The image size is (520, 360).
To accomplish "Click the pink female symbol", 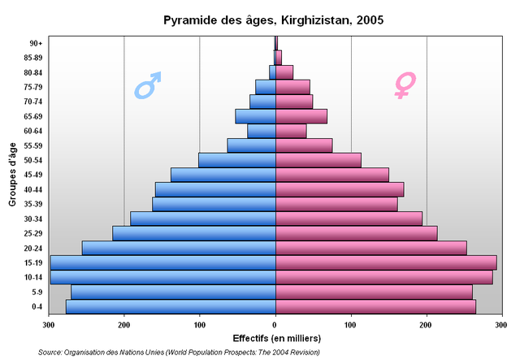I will click(403, 85).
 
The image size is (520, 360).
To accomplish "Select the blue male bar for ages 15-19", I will click(162, 262).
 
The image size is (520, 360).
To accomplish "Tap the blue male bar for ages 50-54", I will click(236, 160).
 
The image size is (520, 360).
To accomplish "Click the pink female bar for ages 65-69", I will click(301, 116).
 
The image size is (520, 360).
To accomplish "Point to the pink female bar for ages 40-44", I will click(339, 189).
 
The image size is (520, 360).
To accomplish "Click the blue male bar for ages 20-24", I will click(178, 248).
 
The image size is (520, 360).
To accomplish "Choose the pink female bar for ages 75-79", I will click(292, 87).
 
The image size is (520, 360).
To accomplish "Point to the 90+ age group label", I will click(35, 43).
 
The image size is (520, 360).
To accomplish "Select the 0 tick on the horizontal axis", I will click(275, 325).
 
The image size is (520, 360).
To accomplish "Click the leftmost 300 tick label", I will click(49, 325).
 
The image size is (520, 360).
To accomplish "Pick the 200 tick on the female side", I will click(427, 325).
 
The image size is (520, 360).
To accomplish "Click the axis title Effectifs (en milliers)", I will click(276, 338).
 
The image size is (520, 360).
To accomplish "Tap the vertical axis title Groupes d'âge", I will click(12, 174).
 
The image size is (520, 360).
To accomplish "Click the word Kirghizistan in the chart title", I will click(309, 19).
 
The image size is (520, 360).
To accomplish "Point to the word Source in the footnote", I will click(51, 352).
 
